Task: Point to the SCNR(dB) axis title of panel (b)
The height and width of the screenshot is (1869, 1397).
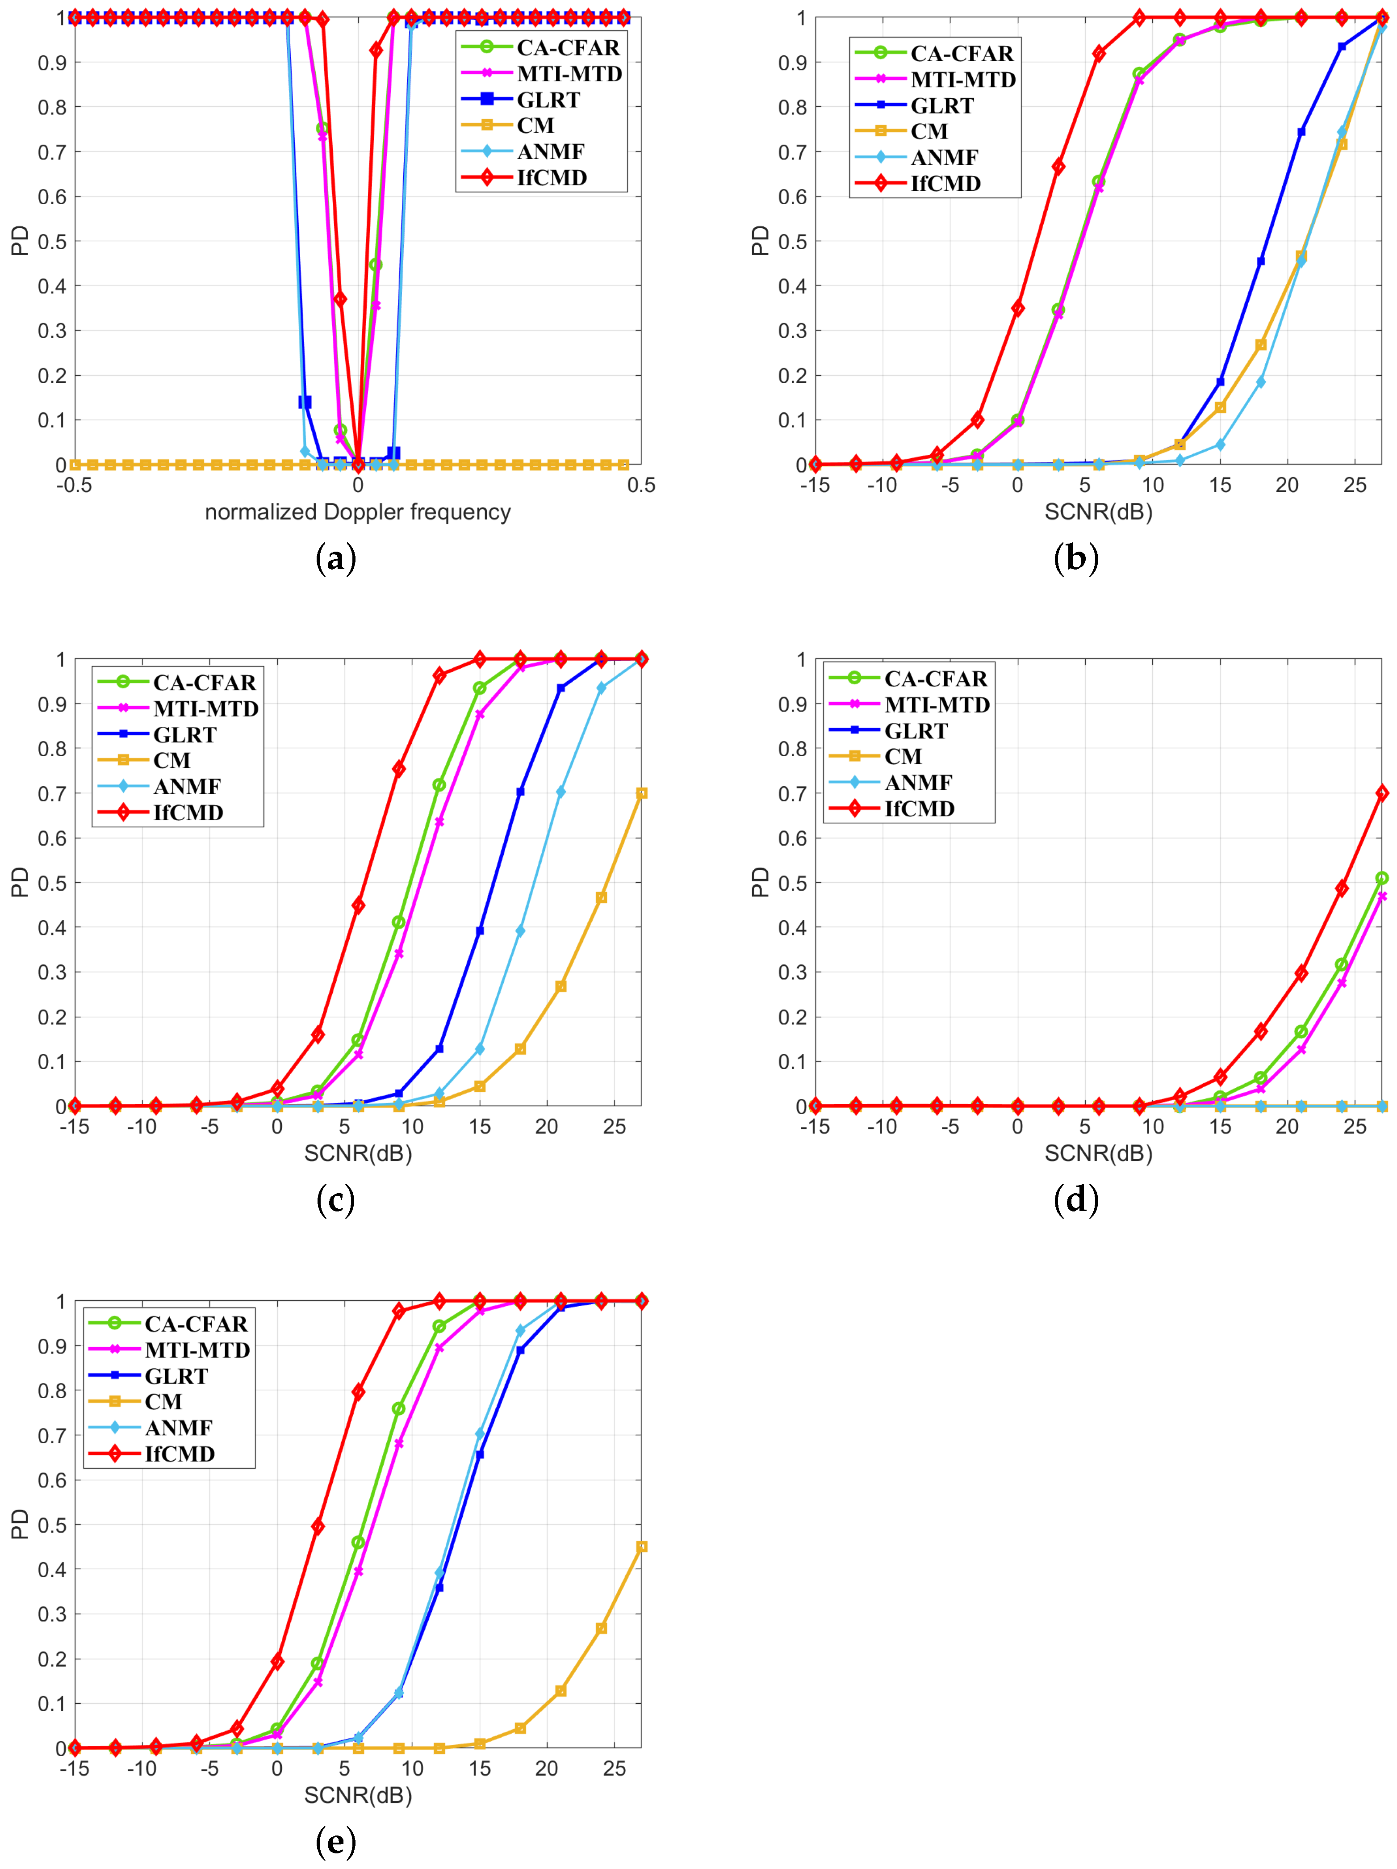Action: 1098,512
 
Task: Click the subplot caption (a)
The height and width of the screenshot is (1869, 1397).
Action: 335,558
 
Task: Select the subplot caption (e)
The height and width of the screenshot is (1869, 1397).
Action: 335,1841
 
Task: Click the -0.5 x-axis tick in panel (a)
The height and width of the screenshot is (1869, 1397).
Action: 74,485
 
